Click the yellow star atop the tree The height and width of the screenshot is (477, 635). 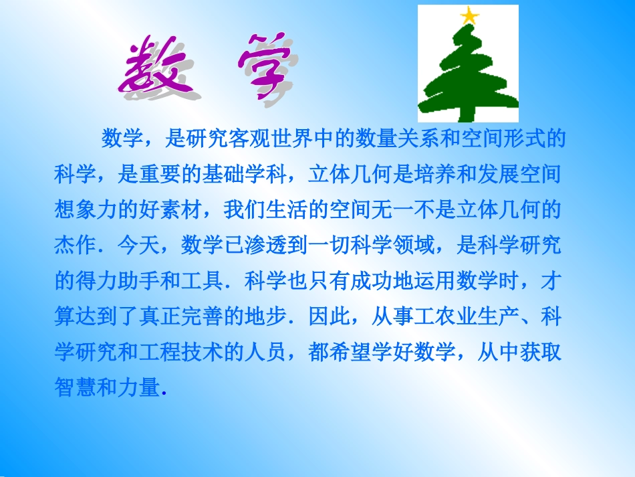[x=471, y=15]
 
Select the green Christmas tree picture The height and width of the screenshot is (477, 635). [x=468, y=67]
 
